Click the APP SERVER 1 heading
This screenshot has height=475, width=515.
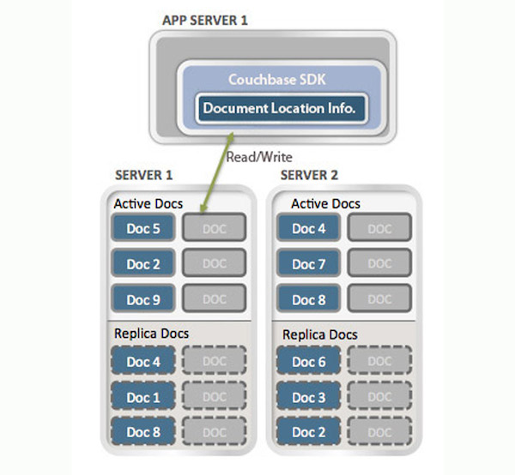tap(204, 20)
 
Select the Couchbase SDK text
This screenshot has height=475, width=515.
tap(271, 80)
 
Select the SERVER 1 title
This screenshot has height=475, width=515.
tap(144, 175)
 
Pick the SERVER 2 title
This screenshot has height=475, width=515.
tap(308, 175)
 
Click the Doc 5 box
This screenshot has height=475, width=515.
tap(144, 228)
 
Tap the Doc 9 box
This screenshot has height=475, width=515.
tap(144, 299)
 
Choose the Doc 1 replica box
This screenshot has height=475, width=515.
tap(144, 398)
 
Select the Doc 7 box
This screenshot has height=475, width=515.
tap(309, 264)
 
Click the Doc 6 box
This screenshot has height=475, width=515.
tap(309, 362)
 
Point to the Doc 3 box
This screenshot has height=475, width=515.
tap(309, 398)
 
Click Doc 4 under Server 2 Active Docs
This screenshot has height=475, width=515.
tap(309, 228)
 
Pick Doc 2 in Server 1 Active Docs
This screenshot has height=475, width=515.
tap(144, 264)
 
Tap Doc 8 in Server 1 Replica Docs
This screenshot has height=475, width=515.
tap(144, 433)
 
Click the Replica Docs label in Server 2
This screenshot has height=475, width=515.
tap(320, 334)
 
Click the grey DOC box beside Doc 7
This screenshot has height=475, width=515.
tap(379, 264)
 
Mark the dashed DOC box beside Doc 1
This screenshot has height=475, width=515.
tap(214, 398)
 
